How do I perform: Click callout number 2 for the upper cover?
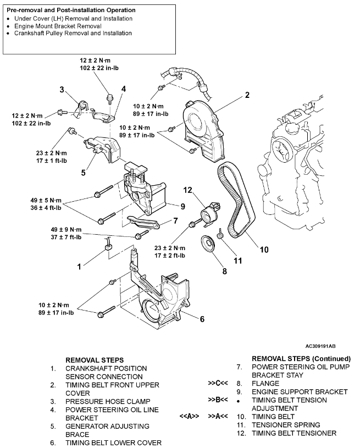(247, 95)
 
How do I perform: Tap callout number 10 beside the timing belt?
(264, 249)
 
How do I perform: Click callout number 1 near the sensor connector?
(79, 266)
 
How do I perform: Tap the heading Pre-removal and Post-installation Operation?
(71, 10)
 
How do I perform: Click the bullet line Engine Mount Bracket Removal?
(69, 26)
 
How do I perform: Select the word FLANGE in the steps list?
(266, 383)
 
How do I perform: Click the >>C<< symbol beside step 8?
(218, 383)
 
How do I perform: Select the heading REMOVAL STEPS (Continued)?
(301, 358)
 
